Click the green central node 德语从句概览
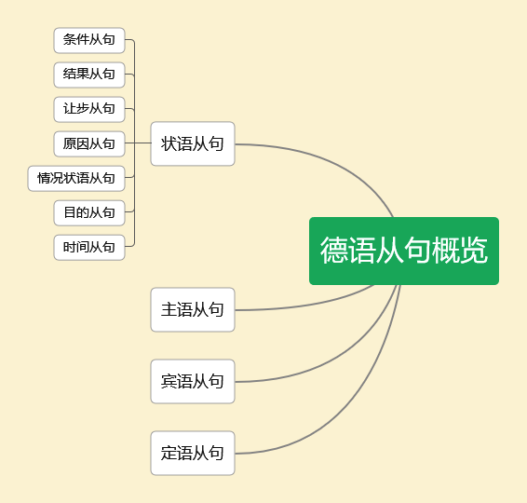404,251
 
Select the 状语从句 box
193,143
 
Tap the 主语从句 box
193,309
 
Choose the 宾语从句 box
193,381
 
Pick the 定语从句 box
193,453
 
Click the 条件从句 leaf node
89,40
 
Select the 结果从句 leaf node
89,75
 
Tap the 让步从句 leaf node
89,109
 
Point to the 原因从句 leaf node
89,143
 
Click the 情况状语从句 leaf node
76,178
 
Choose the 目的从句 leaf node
89,212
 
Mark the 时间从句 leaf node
89,248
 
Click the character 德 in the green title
333,250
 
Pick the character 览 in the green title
474,250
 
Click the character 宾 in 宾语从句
169,381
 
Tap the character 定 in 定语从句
169,453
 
